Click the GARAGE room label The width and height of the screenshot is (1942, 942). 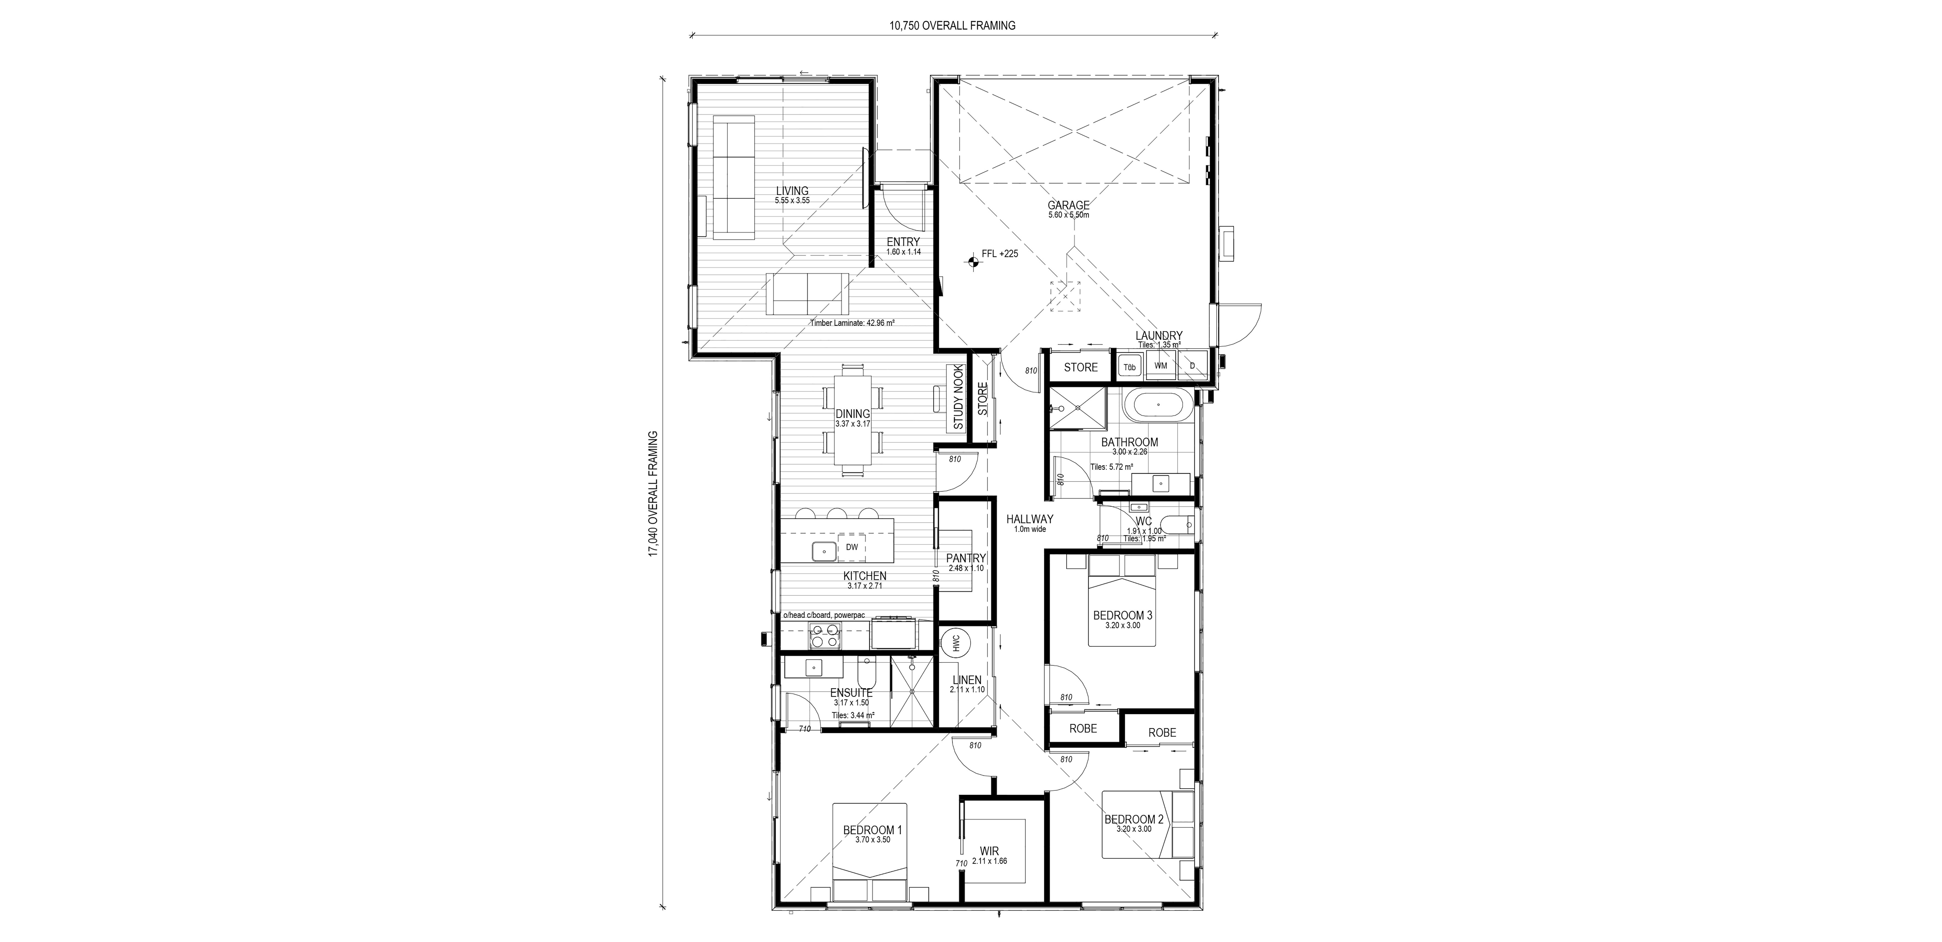click(1068, 205)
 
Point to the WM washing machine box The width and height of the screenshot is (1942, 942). click(1161, 365)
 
